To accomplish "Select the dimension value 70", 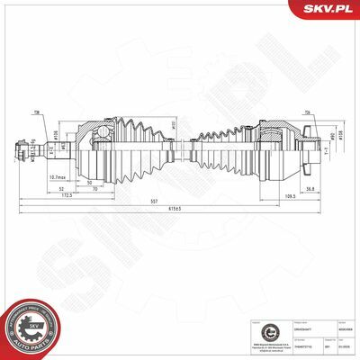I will (94, 189).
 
